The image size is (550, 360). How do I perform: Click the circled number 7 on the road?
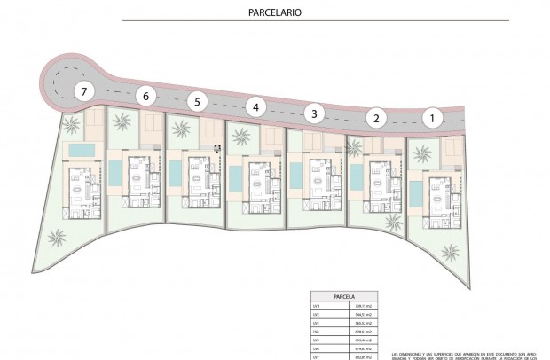pos(83,90)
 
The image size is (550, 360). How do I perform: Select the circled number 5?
pos(199,101)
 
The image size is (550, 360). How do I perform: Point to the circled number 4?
pos(255,107)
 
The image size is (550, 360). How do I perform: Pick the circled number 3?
pos(312,113)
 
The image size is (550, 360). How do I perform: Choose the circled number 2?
pos(376,117)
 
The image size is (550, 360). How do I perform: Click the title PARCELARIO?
pos(275,13)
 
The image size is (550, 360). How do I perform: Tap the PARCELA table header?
pos(344,296)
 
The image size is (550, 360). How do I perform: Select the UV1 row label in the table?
pos(316,305)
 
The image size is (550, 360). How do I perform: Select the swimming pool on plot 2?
pos(356,177)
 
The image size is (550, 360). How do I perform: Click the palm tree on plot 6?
pos(122,122)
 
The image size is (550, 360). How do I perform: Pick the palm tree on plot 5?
pos(180,129)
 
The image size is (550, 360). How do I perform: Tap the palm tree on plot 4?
pos(240,136)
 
